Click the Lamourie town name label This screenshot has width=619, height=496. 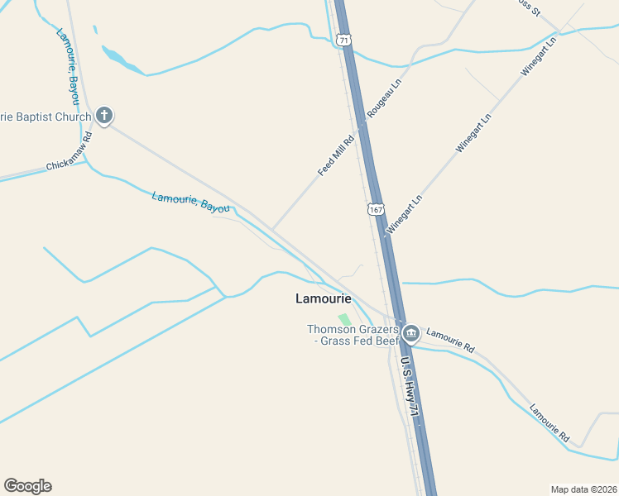pyautogui.click(x=324, y=298)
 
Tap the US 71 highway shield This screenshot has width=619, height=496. pyautogui.click(x=344, y=40)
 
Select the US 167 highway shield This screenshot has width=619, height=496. pyautogui.click(x=377, y=209)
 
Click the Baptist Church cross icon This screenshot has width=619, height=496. pyautogui.click(x=103, y=116)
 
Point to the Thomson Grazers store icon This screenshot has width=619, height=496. pyautogui.click(x=411, y=334)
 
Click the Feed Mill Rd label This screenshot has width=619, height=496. pyautogui.click(x=337, y=155)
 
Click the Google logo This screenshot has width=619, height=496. pyautogui.click(x=27, y=486)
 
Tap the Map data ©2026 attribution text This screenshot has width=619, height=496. pyautogui.click(x=583, y=489)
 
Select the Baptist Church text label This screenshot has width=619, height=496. pyautogui.click(x=46, y=117)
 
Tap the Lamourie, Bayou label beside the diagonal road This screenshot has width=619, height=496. pyautogui.click(x=190, y=203)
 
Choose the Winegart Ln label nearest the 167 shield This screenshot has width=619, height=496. pyautogui.click(x=405, y=213)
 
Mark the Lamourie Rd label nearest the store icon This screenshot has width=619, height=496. pyautogui.click(x=450, y=338)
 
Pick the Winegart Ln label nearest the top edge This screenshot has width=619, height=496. pyautogui.click(x=539, y=57)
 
